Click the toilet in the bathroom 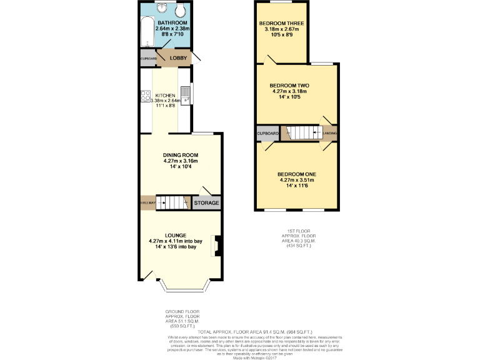(x=179, y=11)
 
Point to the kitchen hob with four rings (x=145, y=97)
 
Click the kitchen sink (x=186, y=95)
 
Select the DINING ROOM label (x=180, y=154)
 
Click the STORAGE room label (x=206, y=203)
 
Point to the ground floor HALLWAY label (x=147, y=203)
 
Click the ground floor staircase (x=172, y=202)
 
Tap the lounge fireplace (x=216, y=246)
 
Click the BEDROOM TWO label (x=289, y=85)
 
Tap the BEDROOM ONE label (x=297, y=174)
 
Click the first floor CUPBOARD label (x=267, y=133)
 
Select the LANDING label (x=330, y=133)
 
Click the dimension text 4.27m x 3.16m (x=180, y=161)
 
